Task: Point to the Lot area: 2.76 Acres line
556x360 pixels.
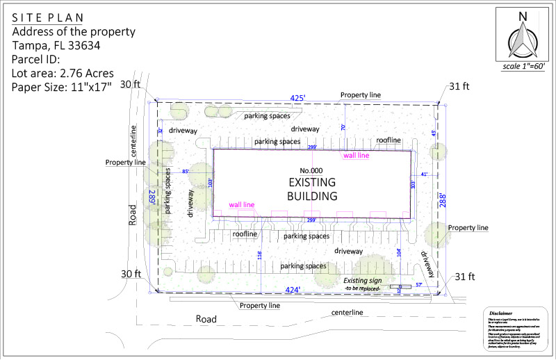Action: (63, 73)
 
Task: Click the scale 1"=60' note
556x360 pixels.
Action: (524, 67)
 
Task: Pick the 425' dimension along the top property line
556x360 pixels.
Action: (297, 99)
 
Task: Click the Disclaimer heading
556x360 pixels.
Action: (500, 313)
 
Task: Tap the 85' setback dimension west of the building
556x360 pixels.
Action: (186, 172)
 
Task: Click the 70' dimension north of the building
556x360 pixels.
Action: (343, 127)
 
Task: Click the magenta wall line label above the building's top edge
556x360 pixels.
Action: (357, 156)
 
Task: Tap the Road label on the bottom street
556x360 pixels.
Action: (206, 319)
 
